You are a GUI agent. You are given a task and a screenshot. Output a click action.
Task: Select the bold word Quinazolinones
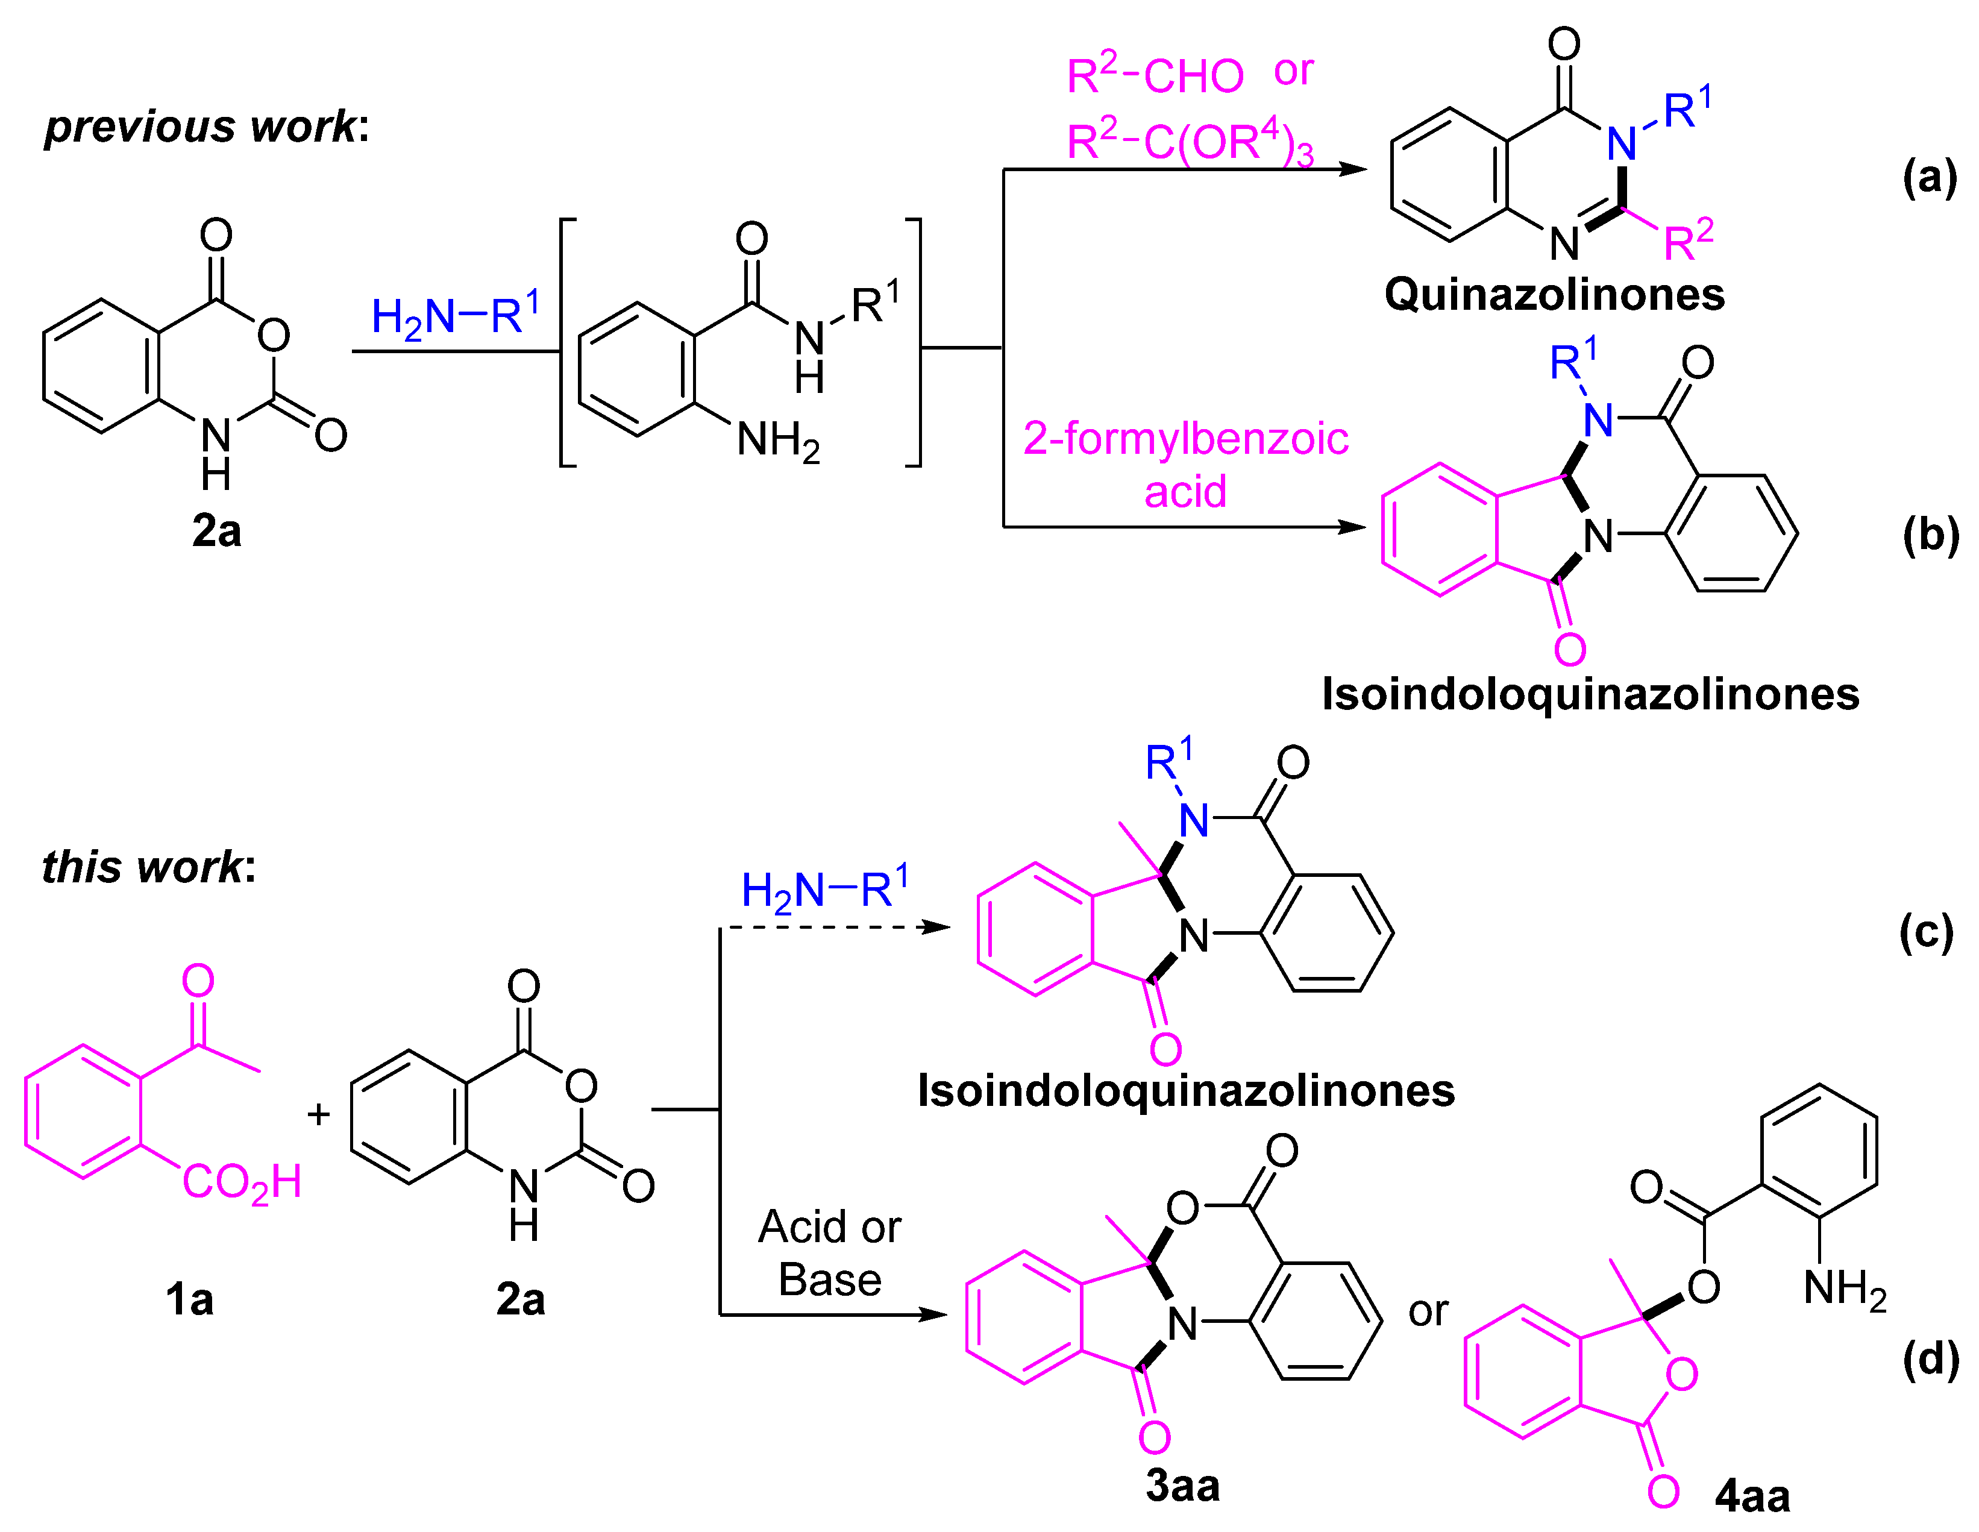pos(1554,295)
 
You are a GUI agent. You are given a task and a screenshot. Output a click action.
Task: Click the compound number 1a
pos(189,1300)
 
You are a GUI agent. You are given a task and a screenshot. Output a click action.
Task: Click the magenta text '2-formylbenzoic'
pos(1185,439)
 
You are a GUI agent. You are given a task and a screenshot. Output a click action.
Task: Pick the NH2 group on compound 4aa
pos(1845,1289)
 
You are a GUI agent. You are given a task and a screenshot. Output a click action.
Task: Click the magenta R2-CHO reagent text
pos(1155,74)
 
